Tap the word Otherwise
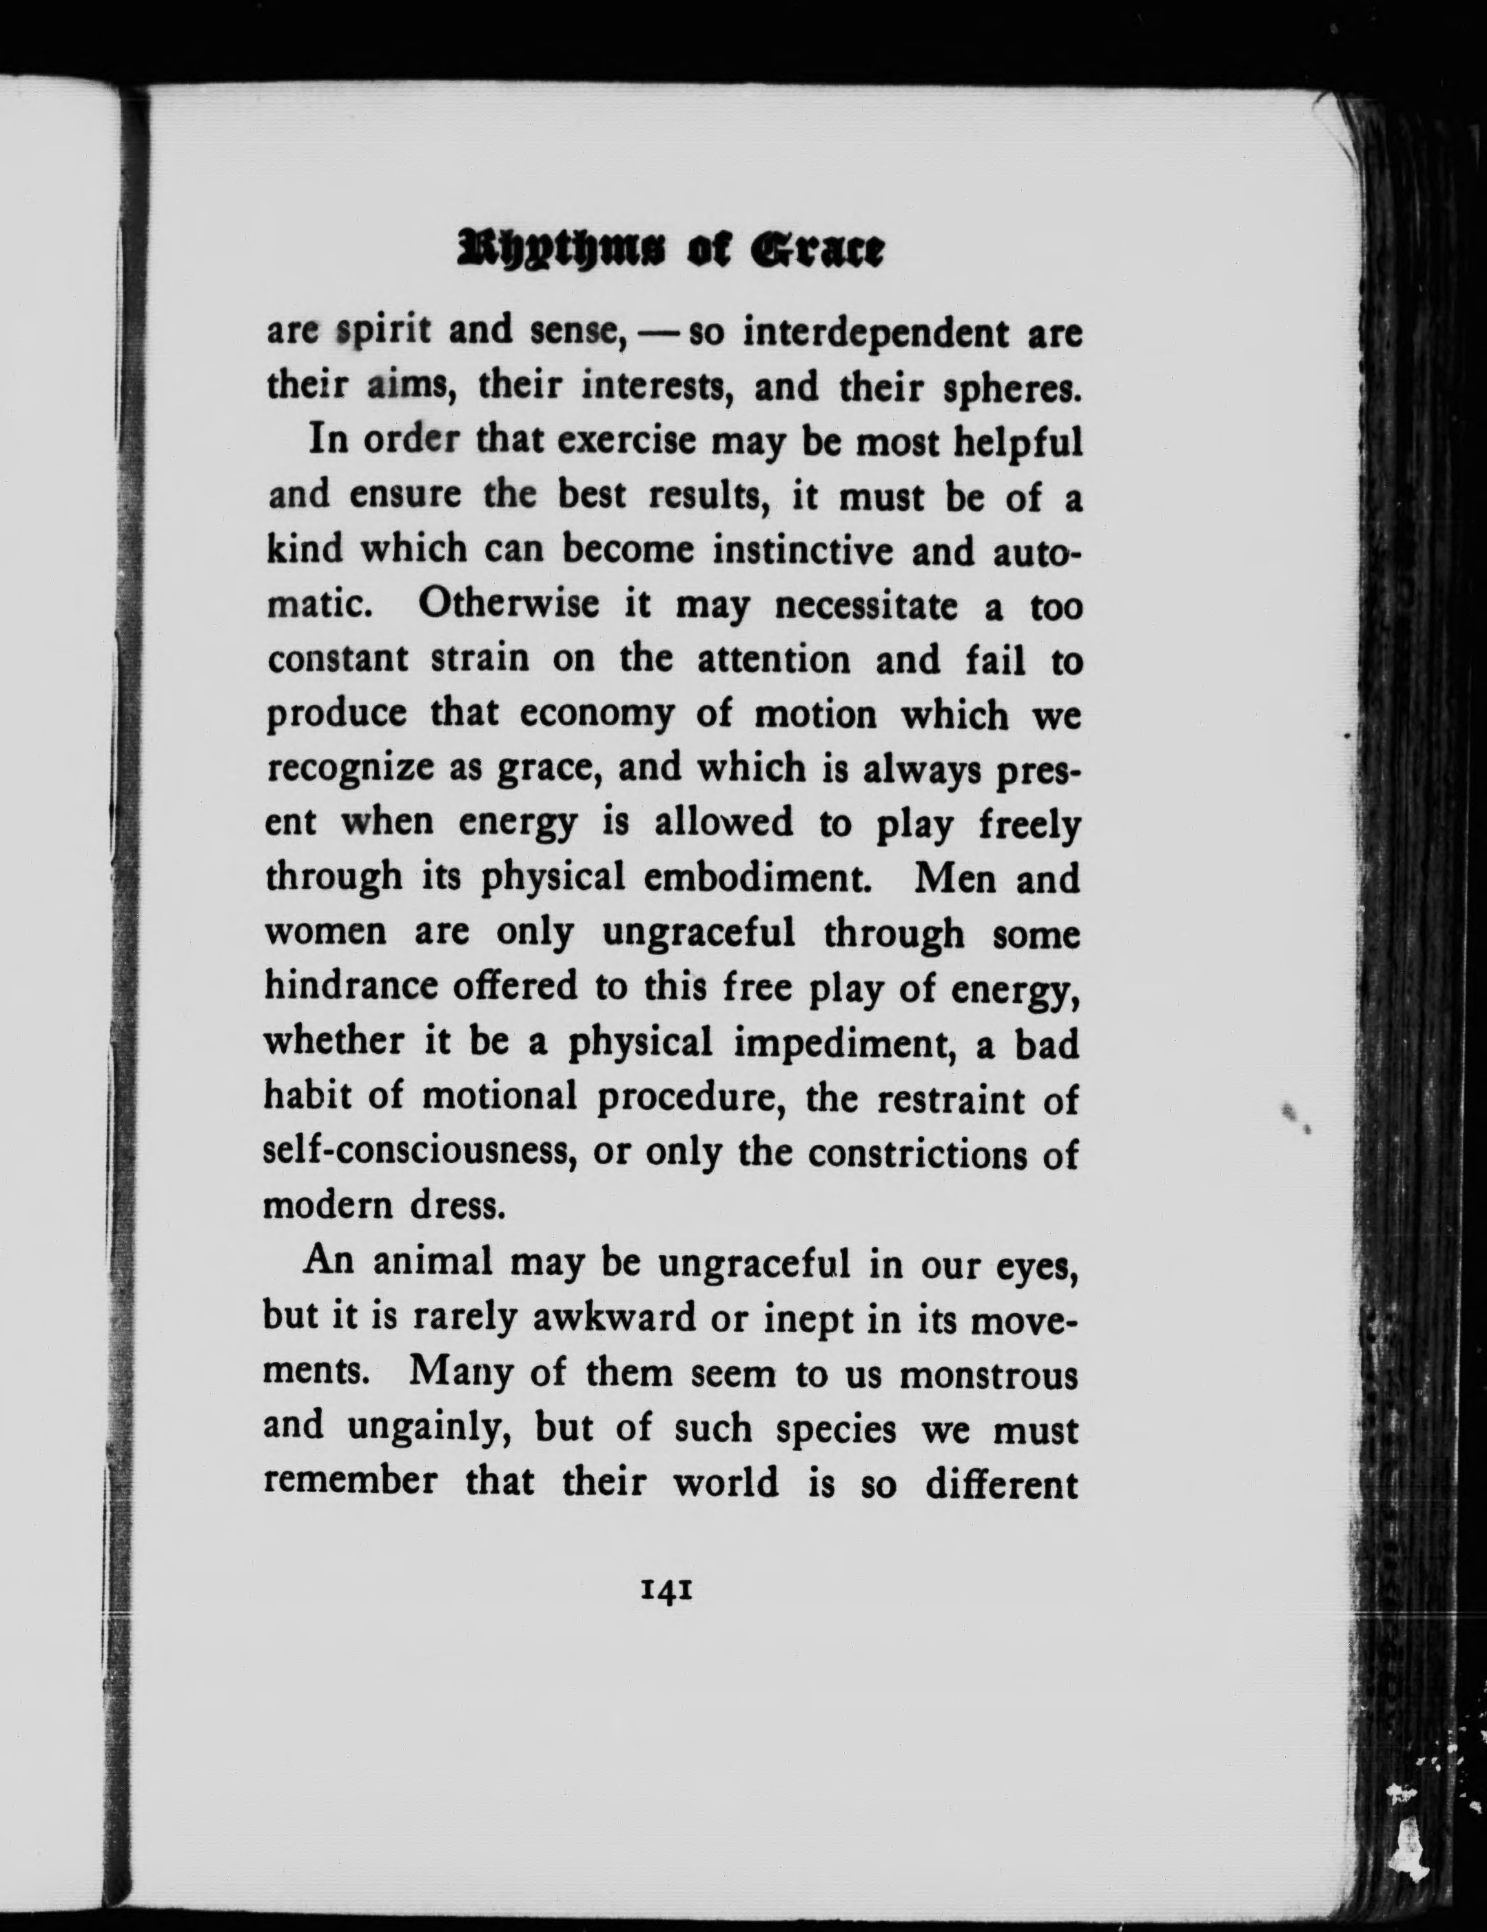pyautogui.click(x=509, y=606)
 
